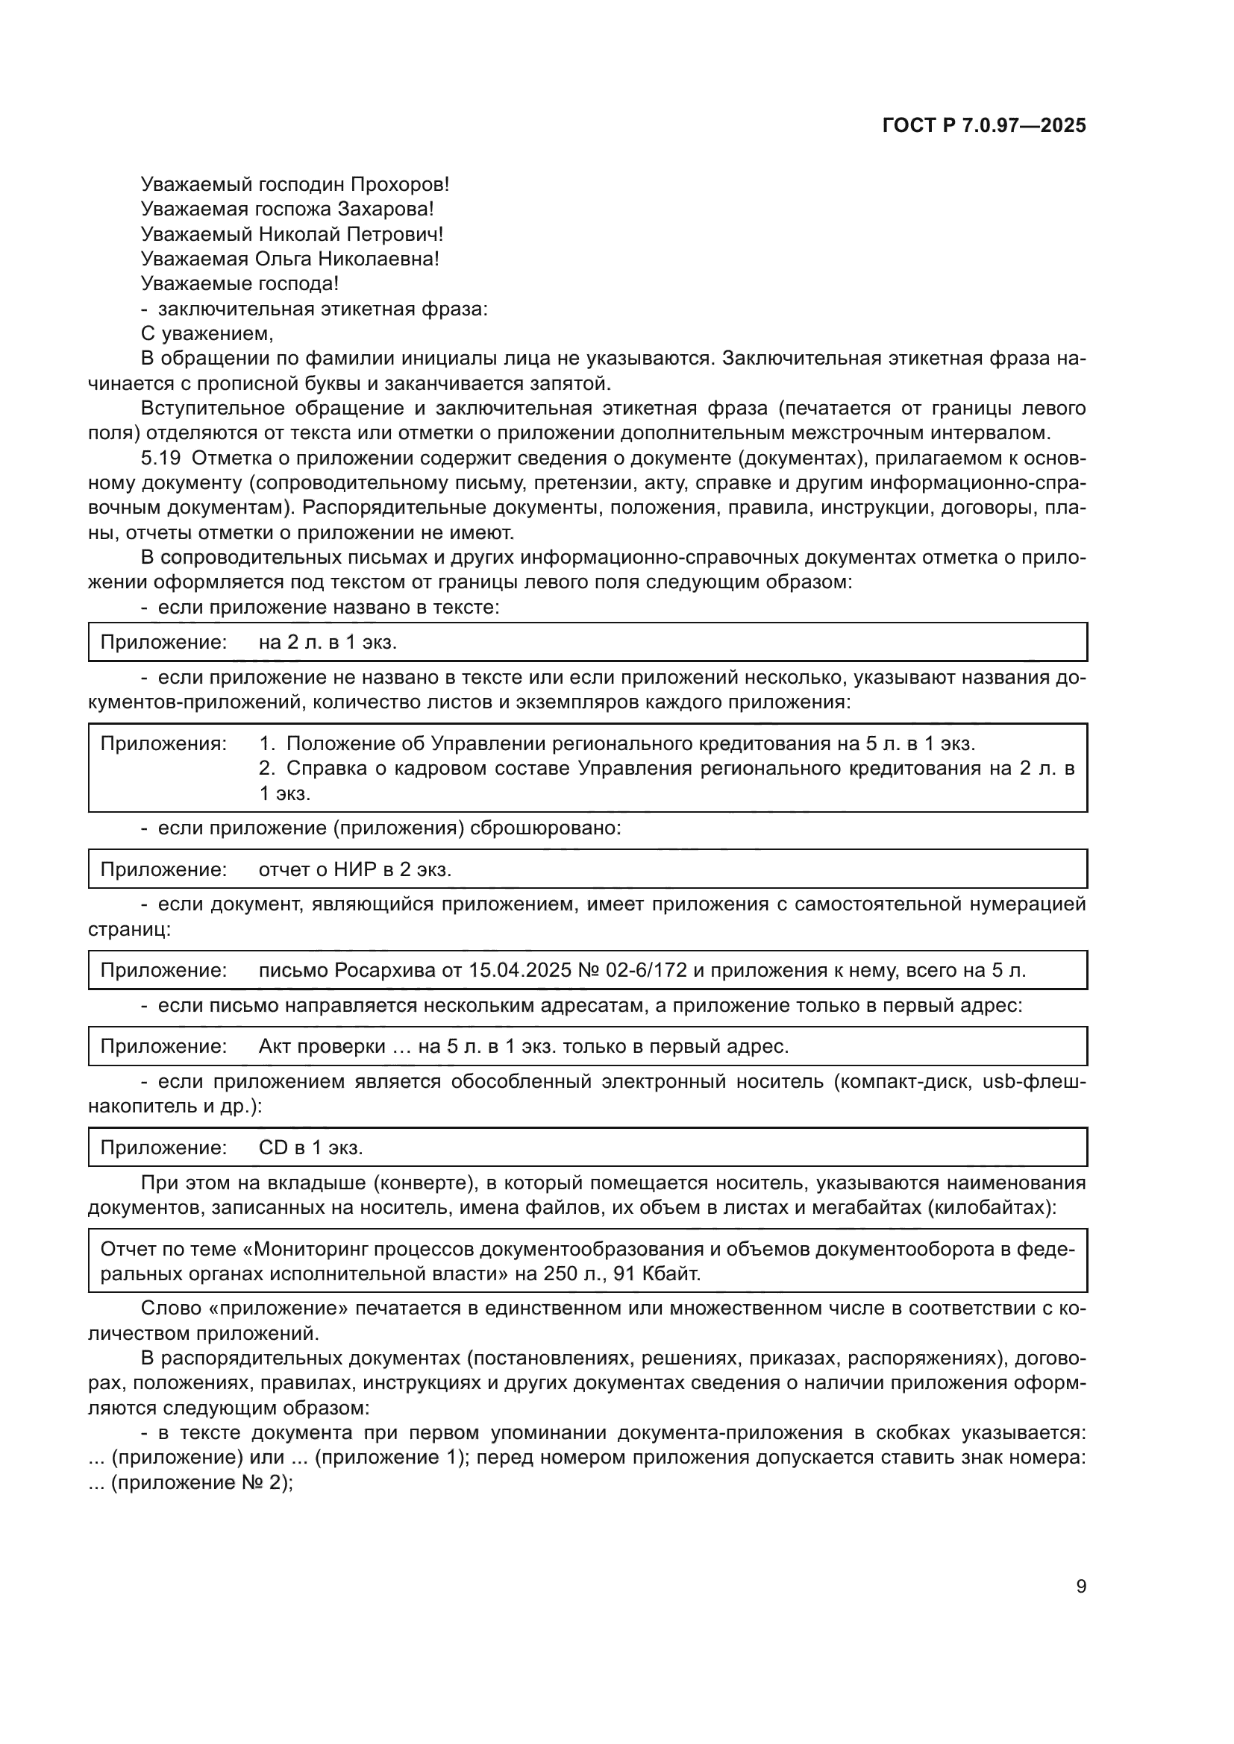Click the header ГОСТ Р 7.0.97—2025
pos(984,125)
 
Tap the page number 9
pos(1081,1586)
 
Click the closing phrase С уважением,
pos(207,333)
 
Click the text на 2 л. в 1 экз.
pos(328,643)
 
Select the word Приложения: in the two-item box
pos(163,743)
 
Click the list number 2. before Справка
pos(266,768)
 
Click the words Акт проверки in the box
pos(322,1046)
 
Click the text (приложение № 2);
pos(202,1483)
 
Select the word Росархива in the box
pos(383,970)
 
